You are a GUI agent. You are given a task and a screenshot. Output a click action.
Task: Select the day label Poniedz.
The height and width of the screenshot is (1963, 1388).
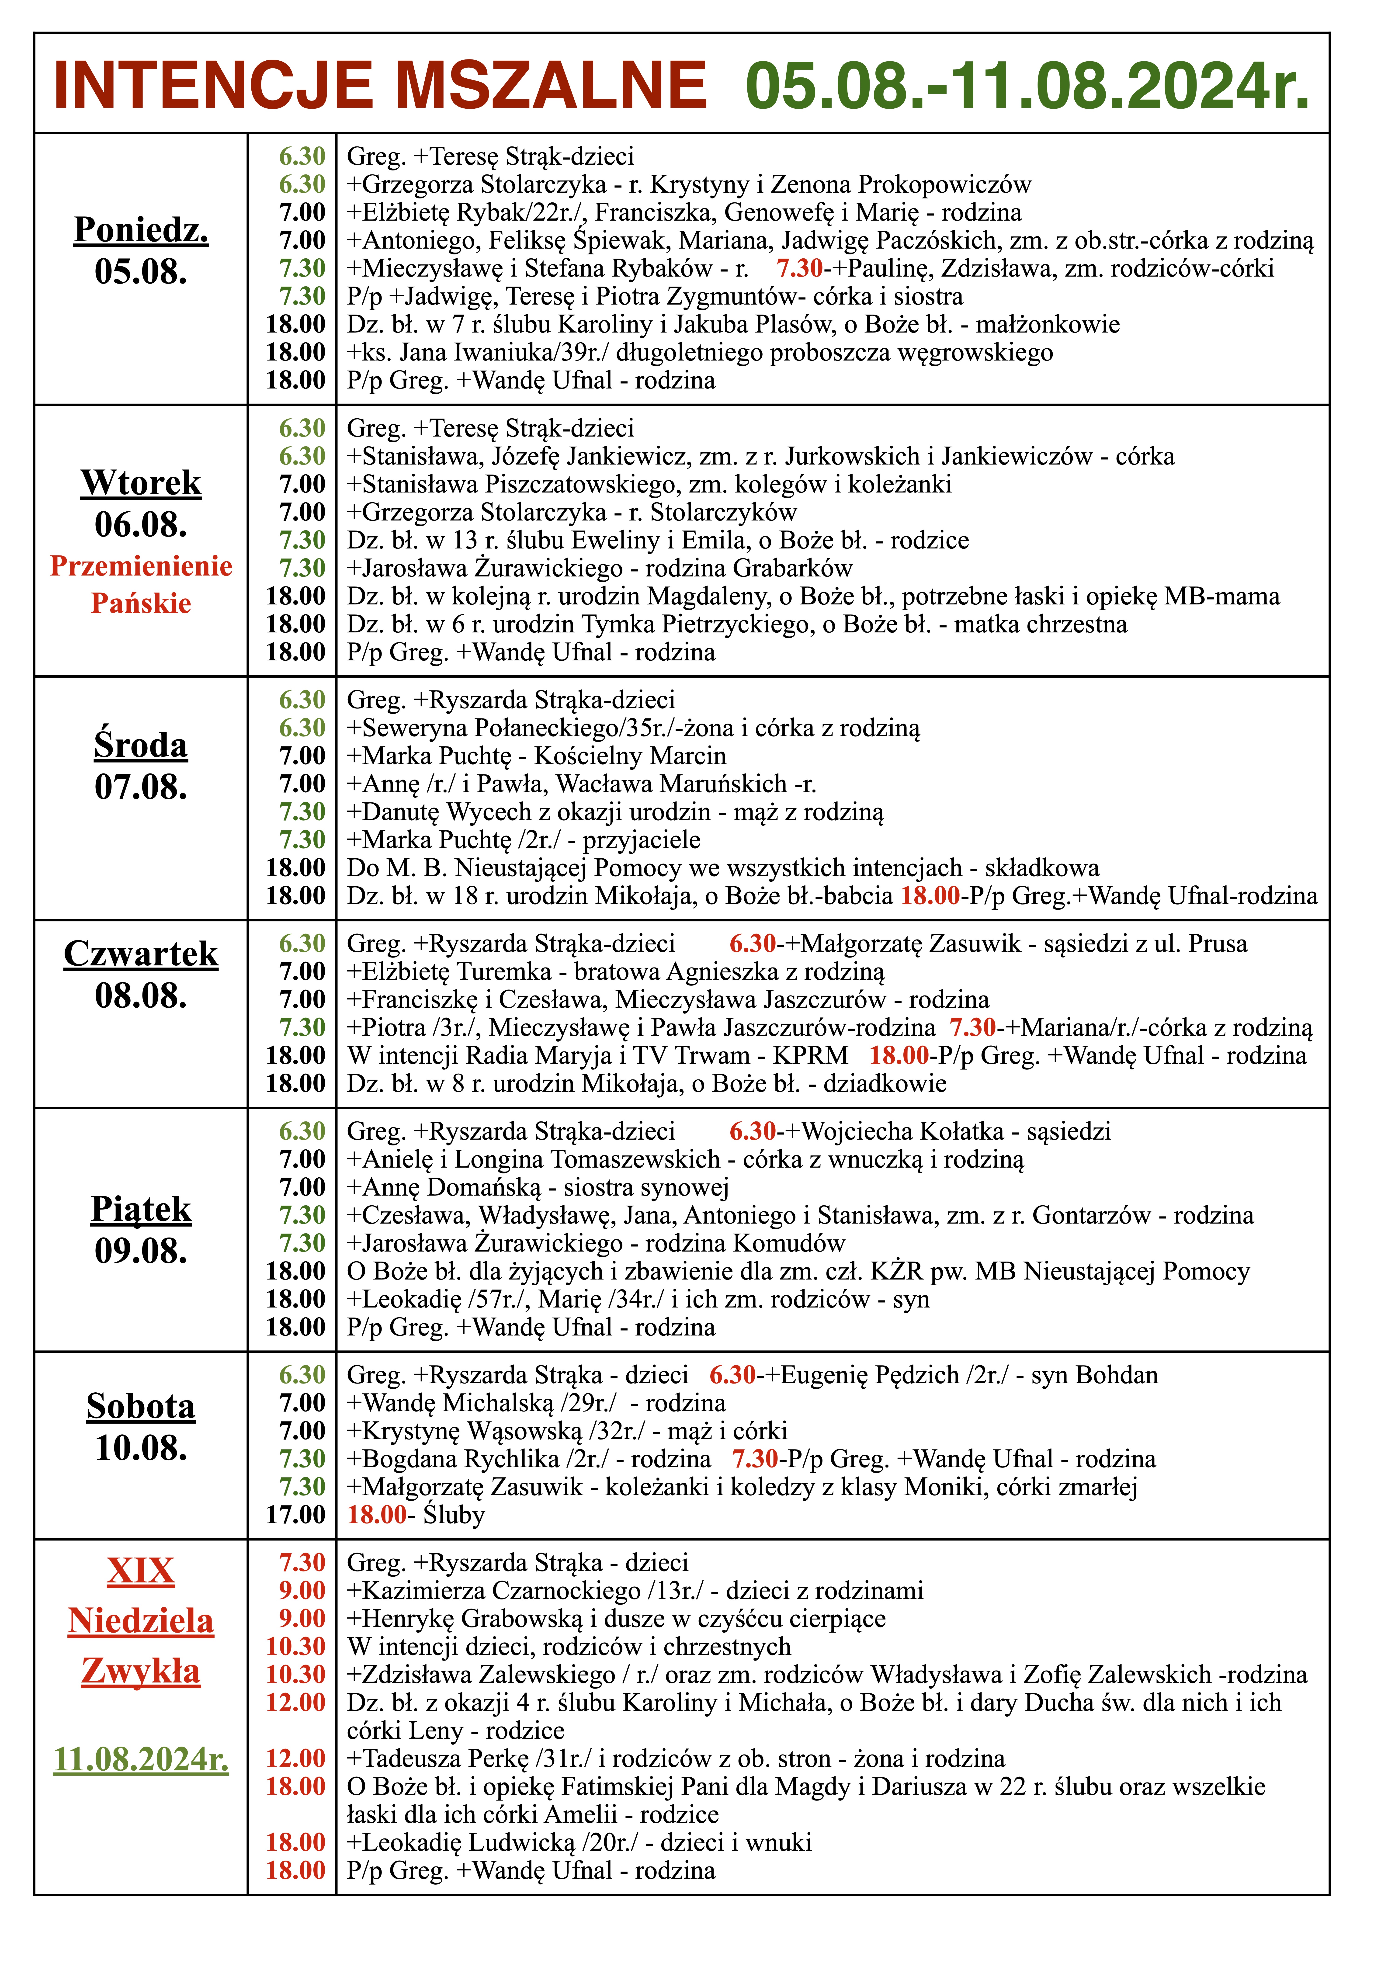[141, 230]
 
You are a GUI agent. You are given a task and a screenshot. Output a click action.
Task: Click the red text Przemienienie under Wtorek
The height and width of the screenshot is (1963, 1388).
[141, 566]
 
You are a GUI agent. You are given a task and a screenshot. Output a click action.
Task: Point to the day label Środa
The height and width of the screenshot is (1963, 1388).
[141, 745]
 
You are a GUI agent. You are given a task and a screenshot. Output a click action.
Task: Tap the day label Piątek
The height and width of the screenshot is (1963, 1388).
[141, 1209]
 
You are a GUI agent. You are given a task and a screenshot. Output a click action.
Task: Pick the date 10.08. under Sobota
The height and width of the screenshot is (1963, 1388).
[141, 1447]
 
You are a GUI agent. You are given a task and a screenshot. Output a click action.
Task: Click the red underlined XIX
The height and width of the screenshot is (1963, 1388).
[141, 1571]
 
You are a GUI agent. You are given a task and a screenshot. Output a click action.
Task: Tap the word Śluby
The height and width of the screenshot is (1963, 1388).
[454, 1514]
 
